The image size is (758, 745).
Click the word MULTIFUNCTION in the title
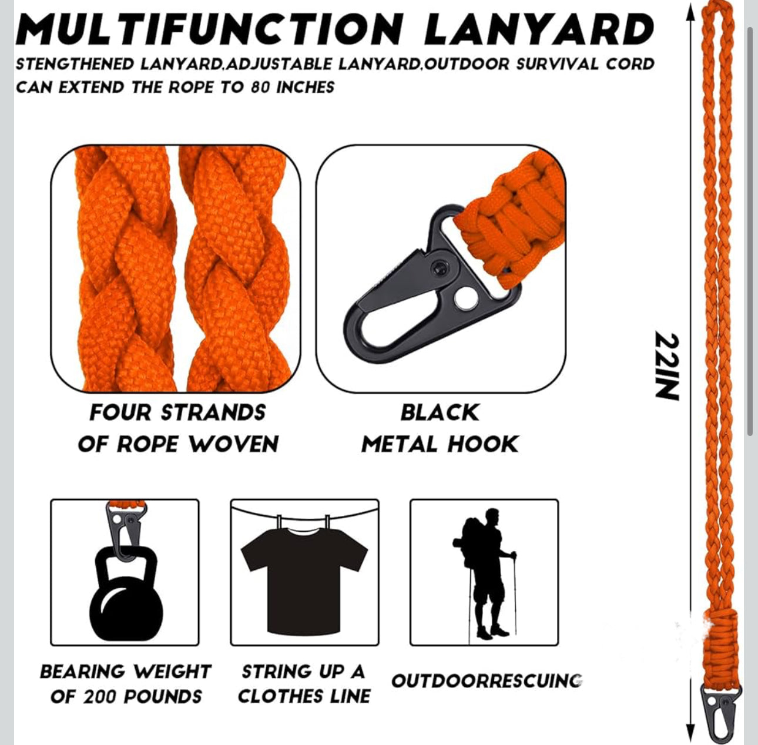click(x=212, y=30)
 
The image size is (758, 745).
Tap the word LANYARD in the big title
click(x=539, y=30)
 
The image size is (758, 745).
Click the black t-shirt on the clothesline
click(x=304, y=580)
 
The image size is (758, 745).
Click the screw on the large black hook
click(x=438, y=269)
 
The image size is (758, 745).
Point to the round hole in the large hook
click(x=464, y=298)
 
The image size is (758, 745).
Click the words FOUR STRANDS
click(x=177, y=412)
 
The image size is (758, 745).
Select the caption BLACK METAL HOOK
click(x=440, y=428)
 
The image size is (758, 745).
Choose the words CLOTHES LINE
click(x=304, y=697)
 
